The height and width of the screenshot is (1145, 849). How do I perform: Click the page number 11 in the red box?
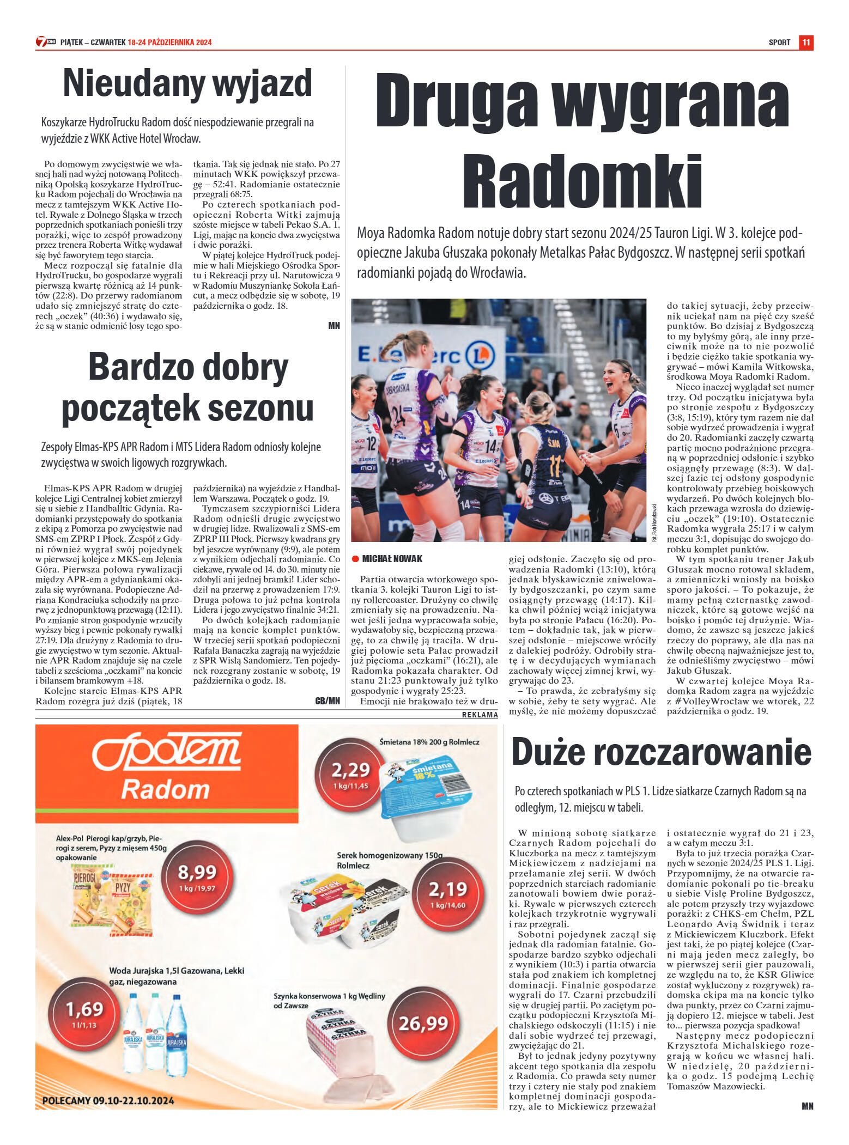tap(806, 42)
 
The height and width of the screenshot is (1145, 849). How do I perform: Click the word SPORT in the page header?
tap(779, 42)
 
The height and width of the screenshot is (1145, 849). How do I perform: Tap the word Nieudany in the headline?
tap(134, 83)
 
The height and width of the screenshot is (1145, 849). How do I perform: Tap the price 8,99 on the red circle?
tap(197, 872)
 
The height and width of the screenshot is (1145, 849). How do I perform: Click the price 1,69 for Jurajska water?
tap(84, 1009)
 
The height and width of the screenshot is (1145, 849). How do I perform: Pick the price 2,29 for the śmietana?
tap(350, 770)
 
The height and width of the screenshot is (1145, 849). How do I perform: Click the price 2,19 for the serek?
tap(448, 889)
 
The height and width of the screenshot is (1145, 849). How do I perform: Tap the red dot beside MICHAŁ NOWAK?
tap(355, 558)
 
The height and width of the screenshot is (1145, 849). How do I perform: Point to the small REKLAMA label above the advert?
tap(480, 715)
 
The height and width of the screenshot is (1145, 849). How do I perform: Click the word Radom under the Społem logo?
tap(165, 789)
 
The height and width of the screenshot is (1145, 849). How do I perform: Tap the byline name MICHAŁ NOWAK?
tap(392, 559)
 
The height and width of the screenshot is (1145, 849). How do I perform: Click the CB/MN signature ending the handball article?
tap(327, 701)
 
